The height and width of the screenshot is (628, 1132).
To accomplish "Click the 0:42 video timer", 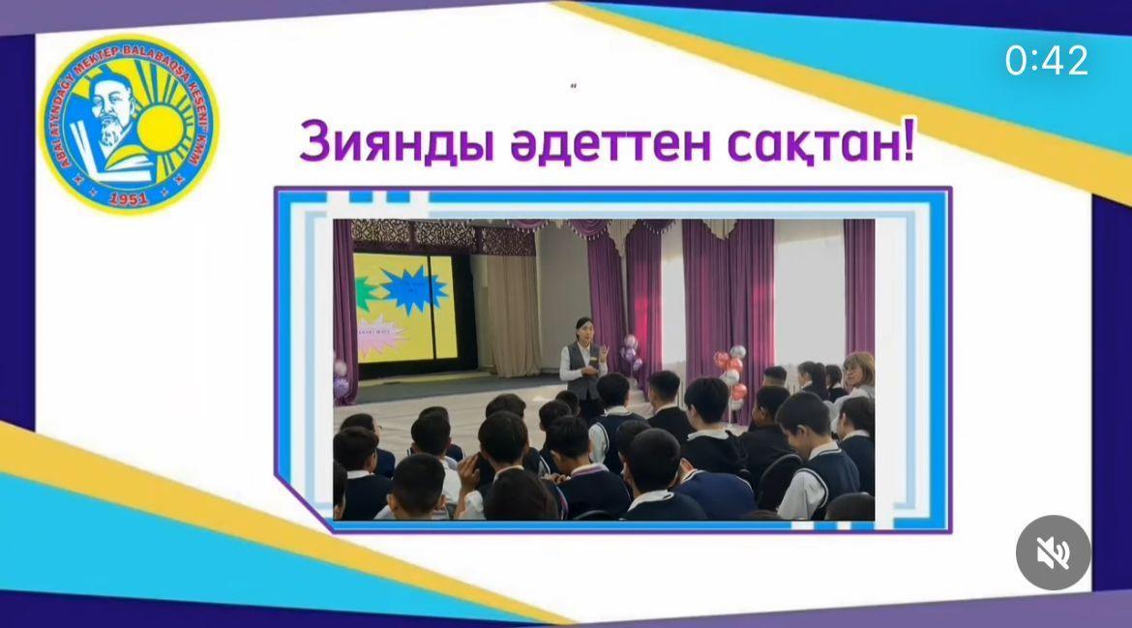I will tap(1047, 61).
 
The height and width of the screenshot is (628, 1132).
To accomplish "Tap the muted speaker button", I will tap(1053, 553).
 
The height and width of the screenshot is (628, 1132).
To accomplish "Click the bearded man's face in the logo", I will tap(109, 113).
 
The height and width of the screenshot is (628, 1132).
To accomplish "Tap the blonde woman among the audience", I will tap(856, 372).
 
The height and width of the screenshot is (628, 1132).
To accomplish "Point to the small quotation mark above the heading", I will tap(574, 87).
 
